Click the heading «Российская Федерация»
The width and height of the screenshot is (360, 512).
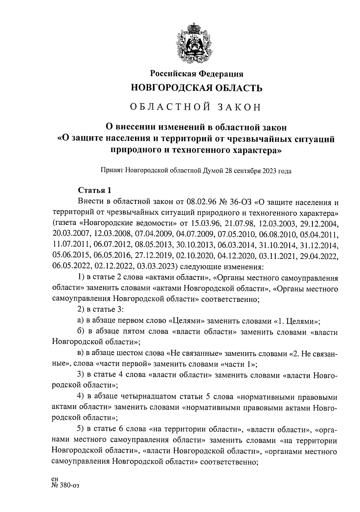196,74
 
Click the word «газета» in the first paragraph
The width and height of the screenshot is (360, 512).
65,223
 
